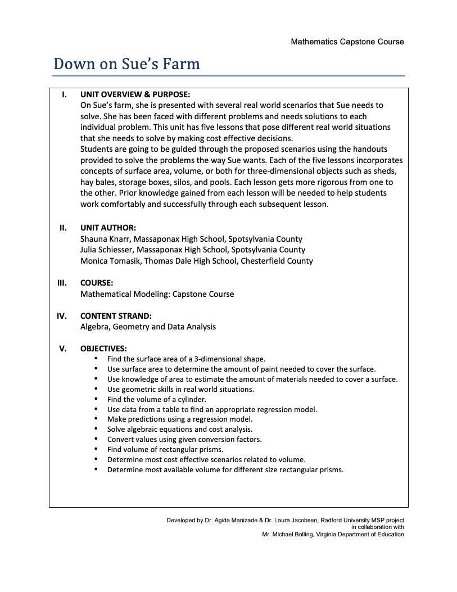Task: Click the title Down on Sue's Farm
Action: point(126,64)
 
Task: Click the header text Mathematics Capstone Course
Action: point(347,42)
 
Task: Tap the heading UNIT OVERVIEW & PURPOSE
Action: point(135,94)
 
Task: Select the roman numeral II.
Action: point(64,228)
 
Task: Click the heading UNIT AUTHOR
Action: point(108,228)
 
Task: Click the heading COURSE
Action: point(97,283)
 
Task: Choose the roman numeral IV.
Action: point(62,316)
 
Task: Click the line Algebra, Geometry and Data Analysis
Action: point(148,327)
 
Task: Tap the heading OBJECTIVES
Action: point(103,349)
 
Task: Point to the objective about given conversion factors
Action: point(184,439)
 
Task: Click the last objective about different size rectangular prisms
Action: point(225,469)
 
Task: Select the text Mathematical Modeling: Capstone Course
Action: point(157,294)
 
